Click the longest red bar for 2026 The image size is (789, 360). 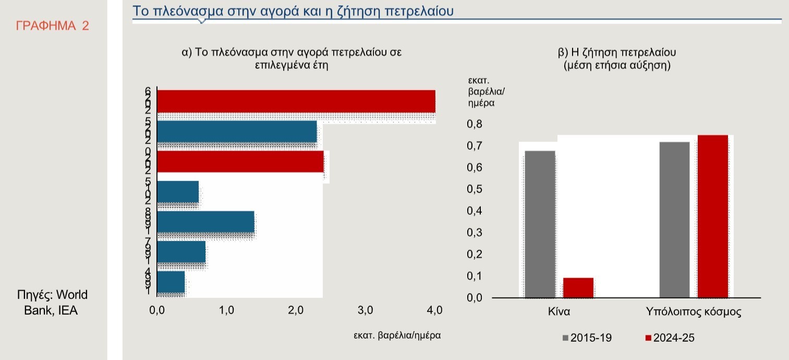click(x=296, y=101)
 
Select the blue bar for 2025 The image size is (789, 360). click(x=237, y=131)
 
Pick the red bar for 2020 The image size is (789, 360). click(x=240, y=162)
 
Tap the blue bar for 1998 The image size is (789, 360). click(x=205, y=222)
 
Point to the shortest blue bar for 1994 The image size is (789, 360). click(x=171, y=282)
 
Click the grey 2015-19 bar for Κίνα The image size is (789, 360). click(x=540, y=224)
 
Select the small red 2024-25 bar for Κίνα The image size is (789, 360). click(x=578, y=287)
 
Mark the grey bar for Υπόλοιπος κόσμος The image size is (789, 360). click(x=674, y=220)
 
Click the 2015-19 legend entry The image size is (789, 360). click(x=587, y=338)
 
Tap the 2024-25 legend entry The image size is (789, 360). click(x=670, y=338)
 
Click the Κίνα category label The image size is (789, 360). click(x=559, y=313)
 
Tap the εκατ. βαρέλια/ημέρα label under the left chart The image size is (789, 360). click(x=397, y=335)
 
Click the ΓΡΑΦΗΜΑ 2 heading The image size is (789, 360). click(x=53, y=26)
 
